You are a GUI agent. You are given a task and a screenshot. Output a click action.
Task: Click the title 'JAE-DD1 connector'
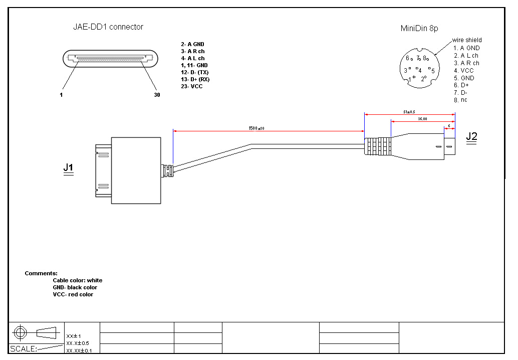108,27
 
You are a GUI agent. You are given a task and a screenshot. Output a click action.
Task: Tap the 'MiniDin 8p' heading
419,29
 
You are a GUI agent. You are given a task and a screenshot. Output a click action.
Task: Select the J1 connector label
69,167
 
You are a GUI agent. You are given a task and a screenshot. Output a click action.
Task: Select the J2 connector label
471,136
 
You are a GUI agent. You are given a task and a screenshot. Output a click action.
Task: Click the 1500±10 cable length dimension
256,128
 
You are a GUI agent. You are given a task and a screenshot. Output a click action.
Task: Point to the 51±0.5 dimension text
409,112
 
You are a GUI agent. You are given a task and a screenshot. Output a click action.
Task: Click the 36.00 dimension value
422,119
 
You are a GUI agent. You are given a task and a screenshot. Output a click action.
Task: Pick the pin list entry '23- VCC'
192,86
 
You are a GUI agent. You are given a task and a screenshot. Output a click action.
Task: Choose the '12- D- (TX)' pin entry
195,72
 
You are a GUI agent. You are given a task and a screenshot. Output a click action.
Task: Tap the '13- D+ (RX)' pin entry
195,79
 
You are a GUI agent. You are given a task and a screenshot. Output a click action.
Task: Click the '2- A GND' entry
192,44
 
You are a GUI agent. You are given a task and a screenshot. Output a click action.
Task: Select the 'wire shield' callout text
467,40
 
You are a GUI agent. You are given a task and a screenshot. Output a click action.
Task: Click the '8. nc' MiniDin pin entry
460,100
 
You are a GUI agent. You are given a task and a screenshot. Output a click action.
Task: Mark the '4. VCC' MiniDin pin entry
463,71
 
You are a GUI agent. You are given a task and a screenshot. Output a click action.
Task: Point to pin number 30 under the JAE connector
157,94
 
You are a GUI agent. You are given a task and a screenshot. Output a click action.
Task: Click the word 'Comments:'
41,273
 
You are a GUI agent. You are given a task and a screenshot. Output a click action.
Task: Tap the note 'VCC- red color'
73,294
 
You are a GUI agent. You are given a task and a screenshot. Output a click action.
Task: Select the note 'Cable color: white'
77,280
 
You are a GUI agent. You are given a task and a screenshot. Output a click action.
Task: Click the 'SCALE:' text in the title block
24,348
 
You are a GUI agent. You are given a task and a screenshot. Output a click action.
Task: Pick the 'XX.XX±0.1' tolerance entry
83,350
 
